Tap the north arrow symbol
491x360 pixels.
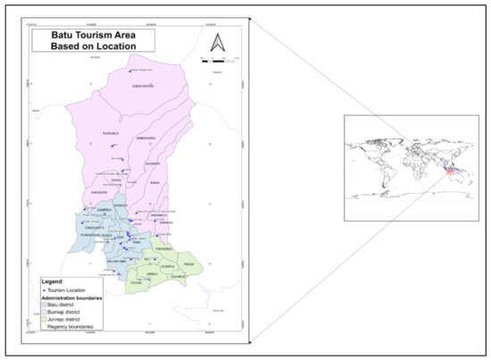tap(215, 41)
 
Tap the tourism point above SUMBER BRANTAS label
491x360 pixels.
tap(131, 71)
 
